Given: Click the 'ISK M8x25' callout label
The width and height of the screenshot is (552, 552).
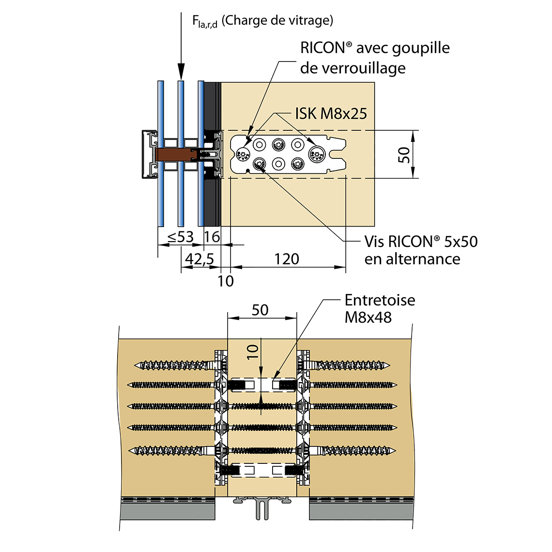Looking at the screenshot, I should [331, 114].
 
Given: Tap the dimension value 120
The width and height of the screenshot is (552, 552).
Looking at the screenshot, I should [287, 259].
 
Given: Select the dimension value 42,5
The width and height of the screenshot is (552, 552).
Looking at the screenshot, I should [199, 259].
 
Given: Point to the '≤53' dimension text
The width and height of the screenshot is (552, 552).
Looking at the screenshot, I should [180, 237].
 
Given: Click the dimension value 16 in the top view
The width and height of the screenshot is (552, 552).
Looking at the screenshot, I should [212, 237].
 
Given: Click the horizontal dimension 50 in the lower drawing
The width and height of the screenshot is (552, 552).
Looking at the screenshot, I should [260, 310].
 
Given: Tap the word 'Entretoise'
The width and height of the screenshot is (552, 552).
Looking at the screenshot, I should [380, 300].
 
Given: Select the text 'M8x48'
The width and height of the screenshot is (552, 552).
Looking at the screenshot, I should [368, 318].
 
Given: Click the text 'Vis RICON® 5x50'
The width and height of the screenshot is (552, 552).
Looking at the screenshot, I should [421, 241].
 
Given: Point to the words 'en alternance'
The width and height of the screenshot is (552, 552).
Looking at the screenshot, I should [412, 259].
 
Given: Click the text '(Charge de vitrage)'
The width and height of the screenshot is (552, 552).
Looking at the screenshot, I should [277, 20].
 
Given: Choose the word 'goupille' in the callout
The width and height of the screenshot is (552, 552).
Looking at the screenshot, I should [421, 48].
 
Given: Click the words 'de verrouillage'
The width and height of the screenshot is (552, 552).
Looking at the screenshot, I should [353, 68].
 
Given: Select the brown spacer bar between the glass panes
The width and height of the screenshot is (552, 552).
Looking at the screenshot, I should [174, 155].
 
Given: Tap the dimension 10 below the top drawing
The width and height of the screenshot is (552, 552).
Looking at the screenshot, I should [226, 281].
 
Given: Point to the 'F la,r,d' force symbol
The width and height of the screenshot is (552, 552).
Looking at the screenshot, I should [204, 21].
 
